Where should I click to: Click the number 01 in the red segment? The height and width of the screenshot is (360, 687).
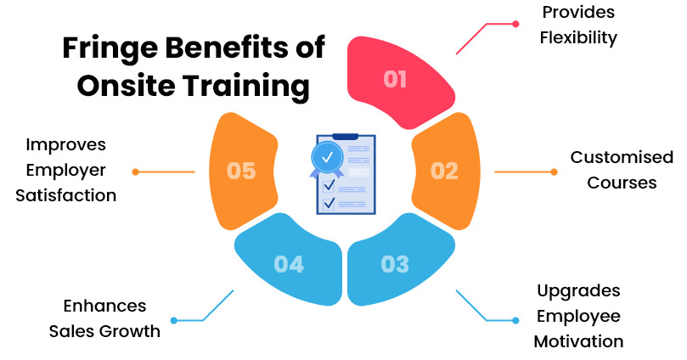tap(395, 79)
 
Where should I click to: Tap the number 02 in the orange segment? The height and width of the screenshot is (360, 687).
tap(444, 171)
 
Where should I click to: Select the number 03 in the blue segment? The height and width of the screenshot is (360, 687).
tap(395, 264)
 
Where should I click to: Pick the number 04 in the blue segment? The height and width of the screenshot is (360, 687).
tap(289, 264)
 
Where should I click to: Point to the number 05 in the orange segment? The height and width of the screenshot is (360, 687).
tap(241, 171)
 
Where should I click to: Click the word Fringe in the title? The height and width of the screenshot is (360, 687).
tap(110, 48)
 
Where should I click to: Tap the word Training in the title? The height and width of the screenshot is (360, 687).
tap(246, 87)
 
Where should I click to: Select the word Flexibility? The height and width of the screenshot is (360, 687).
tap(578, 38)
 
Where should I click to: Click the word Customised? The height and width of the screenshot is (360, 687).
tap(622, 157)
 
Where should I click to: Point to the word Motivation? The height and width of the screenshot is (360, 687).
tap(578, 341)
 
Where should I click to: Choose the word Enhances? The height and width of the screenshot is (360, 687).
tap(104, 306)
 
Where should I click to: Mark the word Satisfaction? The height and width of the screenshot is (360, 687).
tap(66, 195)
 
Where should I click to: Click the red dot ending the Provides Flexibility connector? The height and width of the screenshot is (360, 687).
tap(515, 24)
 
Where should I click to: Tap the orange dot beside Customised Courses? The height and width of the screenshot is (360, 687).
tap(555, 172)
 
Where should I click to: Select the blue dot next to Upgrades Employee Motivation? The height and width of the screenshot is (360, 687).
tap(515, 321)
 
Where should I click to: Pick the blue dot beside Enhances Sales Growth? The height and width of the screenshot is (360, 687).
tap(174, 321)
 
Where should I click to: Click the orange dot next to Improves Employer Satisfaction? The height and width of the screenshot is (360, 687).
tap(135, 172)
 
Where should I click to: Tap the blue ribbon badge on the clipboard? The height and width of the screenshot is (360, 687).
tap(327, 159)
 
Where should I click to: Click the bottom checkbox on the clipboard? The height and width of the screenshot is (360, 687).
tap(329, 204)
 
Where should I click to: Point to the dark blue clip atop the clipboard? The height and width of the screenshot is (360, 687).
tap(346, 137)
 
